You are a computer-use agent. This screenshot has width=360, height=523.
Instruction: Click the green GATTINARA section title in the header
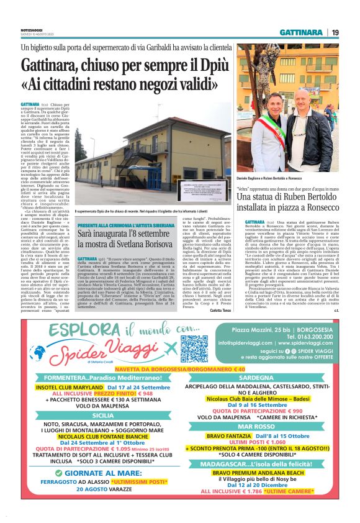pos(301,32)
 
